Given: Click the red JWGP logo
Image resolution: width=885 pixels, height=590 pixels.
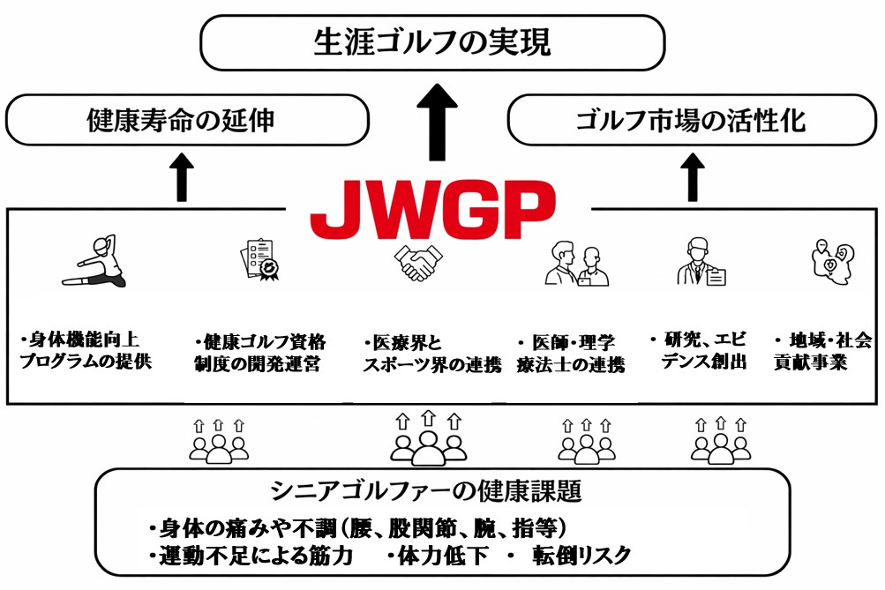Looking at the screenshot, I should [433, 212].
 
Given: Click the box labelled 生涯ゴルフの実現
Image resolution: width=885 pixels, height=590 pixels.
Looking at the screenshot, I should [432, 42].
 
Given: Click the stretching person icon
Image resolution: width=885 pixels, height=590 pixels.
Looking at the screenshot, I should [95, 262].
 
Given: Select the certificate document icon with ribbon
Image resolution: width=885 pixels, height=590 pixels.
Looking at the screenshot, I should [258, 261].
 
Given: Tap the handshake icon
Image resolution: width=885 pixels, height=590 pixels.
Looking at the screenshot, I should [418, 263].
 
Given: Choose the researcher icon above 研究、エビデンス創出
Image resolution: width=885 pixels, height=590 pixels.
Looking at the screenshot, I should [701, 262].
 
